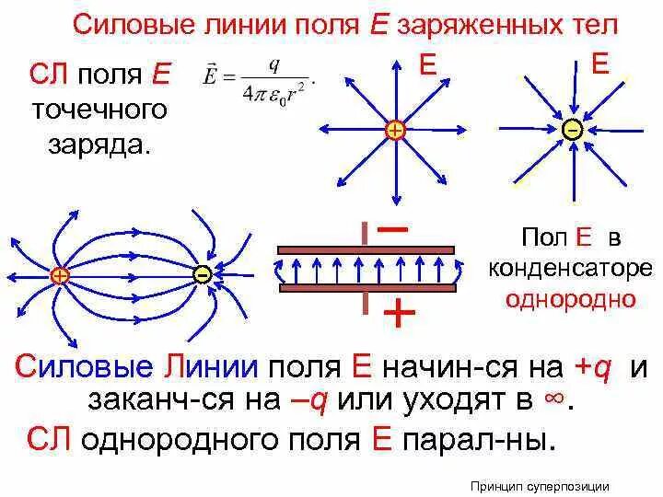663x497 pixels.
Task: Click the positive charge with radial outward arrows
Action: tap(395, 132)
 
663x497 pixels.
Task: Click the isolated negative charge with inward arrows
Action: tap(572, 131)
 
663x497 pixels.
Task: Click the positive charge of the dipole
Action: tap(59, 275)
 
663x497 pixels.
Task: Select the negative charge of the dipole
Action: tap(202, 274)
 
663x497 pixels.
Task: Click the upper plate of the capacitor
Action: tap(366, 248)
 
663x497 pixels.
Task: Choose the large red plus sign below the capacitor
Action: tap(398, 315)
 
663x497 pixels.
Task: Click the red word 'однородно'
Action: tap(568, 299)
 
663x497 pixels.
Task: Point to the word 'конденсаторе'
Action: tap(568, 269)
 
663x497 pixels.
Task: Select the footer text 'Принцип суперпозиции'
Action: tap(539, 486)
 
